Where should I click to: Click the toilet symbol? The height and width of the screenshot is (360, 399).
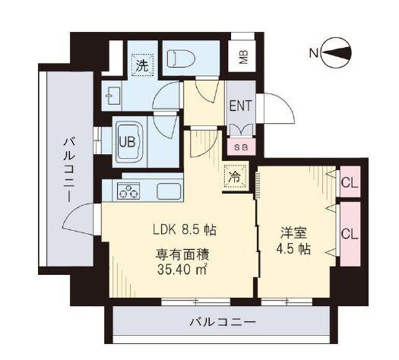pos(181,58)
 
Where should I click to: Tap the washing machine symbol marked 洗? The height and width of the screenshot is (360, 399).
pos(141,65)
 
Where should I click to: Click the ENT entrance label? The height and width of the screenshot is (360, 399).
pos(240,106)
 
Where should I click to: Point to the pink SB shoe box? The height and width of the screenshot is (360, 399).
pos(241,147)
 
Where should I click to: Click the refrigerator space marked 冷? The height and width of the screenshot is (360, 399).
pos(235,176)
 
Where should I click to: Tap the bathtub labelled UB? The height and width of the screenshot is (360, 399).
pos(129,142)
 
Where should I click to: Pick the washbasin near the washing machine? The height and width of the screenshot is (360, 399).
pos(113,96)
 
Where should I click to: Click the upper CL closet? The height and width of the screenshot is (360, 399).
pos(350,182)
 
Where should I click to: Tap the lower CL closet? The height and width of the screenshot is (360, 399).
pos(350,234)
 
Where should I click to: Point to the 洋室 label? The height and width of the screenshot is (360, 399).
pos(293,232)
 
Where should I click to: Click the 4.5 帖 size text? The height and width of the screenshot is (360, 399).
pos(293,249)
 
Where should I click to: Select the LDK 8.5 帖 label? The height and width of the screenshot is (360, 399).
pos(185,230)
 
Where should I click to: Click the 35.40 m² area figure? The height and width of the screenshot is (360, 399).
pos(182,270)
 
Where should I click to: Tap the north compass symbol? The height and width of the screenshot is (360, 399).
pos(336,53)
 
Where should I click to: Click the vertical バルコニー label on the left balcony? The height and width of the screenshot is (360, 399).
pos(69,169)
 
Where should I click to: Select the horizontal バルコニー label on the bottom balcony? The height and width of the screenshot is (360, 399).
pos(223,323)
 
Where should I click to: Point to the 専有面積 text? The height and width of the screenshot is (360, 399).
pos(182,254)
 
